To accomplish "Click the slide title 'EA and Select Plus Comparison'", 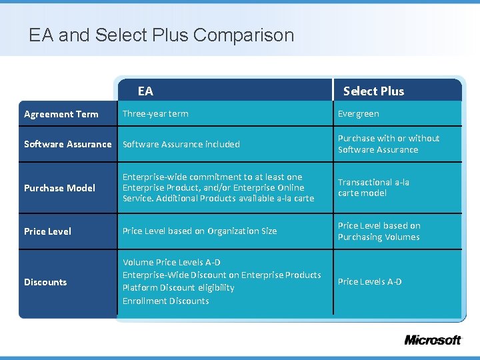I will click(161, 35).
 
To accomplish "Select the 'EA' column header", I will click(145, 91).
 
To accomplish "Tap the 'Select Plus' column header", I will click(373, 91).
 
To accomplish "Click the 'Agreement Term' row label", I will click(61, 114).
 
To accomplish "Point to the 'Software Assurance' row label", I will click(68, 144).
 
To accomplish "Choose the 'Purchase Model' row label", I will click(59, 188).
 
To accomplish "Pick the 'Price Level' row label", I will click(48, 231).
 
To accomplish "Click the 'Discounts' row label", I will click(45, 282).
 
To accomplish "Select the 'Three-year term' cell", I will click(155, 113).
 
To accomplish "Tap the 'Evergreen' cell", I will click(359, 114).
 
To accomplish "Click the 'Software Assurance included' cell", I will click(181, 144).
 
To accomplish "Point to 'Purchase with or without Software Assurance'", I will click(389, 144).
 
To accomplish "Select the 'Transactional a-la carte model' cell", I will click(373, 187).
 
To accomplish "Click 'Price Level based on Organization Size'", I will click(199, 231).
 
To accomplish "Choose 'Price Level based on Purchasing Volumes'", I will click(379, 231).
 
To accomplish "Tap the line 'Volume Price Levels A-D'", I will click(171, 262).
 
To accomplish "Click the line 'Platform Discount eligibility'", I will click(179, 287).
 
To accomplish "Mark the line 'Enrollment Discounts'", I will click(166, 301).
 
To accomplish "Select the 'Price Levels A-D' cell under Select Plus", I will click(370, 281).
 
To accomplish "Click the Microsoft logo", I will click(433, 340).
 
